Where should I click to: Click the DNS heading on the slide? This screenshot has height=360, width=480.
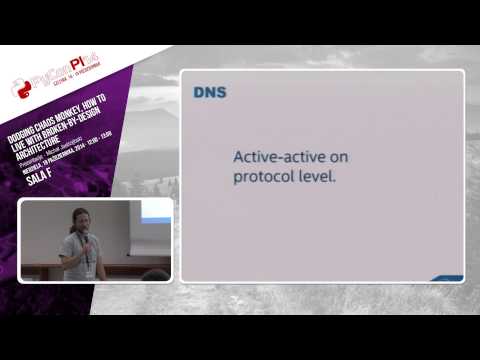(209, 93)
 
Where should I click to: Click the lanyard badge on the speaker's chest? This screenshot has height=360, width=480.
(89, 270)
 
